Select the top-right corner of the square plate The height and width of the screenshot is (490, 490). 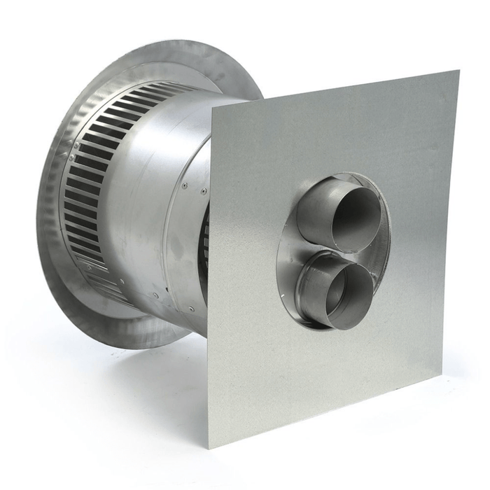(x=458, y=71)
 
